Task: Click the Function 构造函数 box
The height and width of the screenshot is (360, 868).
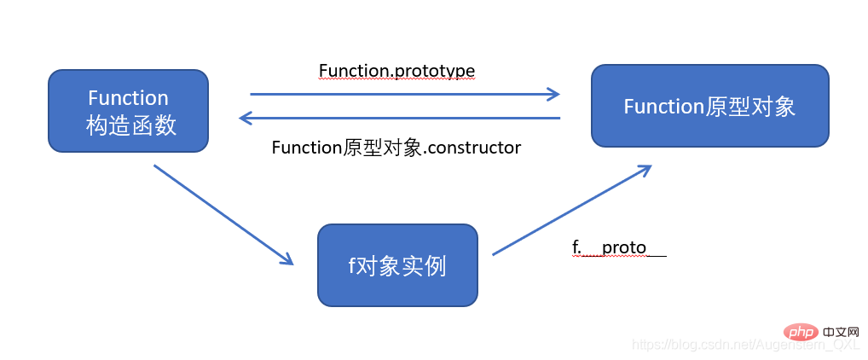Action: pyautogui.click(x=128, y=112)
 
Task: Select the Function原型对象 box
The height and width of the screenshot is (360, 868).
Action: pyautogui.click(x=709, y=106)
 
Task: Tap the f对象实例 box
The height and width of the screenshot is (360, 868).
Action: pyautogui.click(x=397, y=265)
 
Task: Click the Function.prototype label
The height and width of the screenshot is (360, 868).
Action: pyautogui.click(x=396, y=70)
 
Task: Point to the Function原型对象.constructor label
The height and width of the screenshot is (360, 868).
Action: pyautogui.click(x=396, y=148)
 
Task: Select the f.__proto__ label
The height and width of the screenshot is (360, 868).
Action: pyautogui.click(x=618, y=247)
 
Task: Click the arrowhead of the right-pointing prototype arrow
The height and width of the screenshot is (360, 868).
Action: pyautogui.click(x=554, y=94)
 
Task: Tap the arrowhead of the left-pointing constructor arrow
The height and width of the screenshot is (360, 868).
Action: pyautogui.click(x=245, y=118)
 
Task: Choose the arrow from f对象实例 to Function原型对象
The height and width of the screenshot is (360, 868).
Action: pyautogui.click(x=571, y=210)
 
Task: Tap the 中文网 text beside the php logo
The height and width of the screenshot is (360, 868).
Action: pyautogui.click(x=840, y=331)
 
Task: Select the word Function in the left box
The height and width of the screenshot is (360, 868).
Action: pyautogui.click(x=128, y=97)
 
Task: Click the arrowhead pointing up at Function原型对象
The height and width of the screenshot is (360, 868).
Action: pyautogui.click(x=646, y=169)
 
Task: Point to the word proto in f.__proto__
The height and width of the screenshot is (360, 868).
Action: pyautogui.click(x=624, y=247)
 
